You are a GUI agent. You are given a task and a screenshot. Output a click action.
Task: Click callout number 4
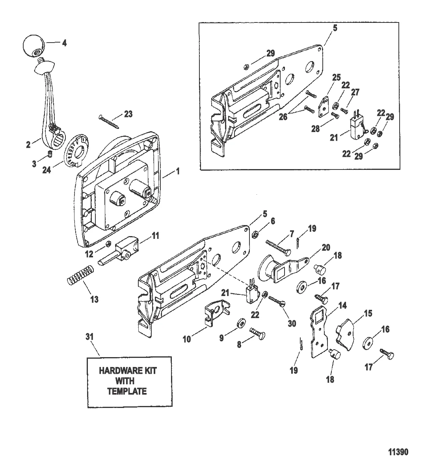[x=64, y=43]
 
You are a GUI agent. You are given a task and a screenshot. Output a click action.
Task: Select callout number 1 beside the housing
[x=178, y=171]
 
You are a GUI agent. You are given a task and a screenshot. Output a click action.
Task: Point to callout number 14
[x=342, y=305]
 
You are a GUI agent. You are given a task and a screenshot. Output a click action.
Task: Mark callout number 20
[x=326, y=247]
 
